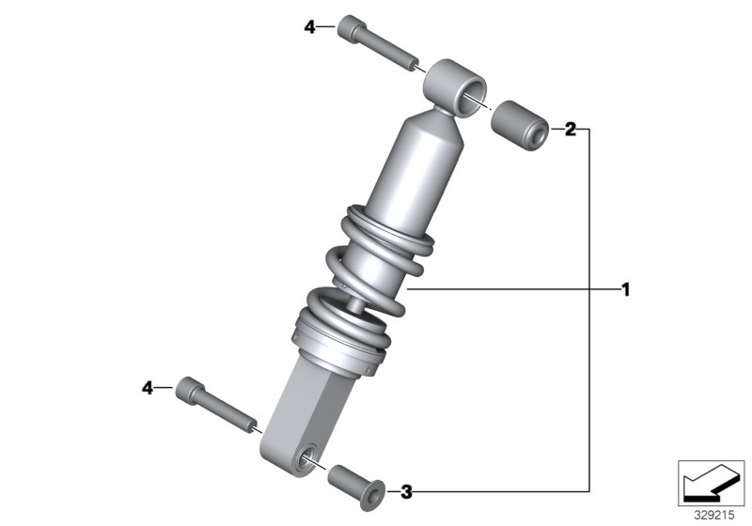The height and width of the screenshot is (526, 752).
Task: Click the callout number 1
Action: (624, 289)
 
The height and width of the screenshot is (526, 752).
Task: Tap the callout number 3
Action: (406, 490)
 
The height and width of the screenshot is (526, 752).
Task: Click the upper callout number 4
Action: (311, 27)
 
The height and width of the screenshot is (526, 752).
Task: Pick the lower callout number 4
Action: (148, 387)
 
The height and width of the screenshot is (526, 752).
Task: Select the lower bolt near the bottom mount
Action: (216, 404)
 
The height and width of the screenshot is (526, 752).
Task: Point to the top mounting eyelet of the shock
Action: (457, 85)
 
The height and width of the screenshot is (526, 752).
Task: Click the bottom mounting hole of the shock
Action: (305, 458)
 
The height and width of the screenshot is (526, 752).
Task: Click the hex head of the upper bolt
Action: (349, 27)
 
